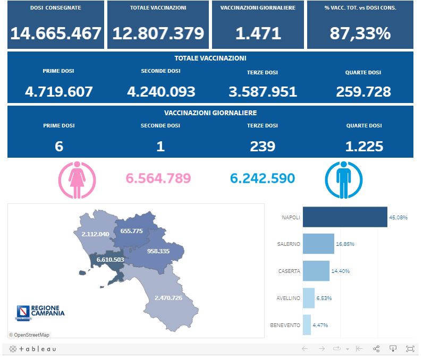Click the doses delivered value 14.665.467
(56, 33)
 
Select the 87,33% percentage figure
(360, 33)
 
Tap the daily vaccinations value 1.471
(258, 33)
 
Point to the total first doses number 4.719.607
(59, 91)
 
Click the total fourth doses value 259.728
(363, 91)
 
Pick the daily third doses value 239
(263, 146)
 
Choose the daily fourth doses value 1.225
(363, 146)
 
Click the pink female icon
(77, 180)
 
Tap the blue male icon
(344, 180)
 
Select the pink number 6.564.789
(158, 178)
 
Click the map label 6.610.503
(111, 260)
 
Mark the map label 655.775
(132, 231)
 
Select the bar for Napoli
(344, 217)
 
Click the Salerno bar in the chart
(318, 244)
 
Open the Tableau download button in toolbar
(393, 349)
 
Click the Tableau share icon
(376, 349)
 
